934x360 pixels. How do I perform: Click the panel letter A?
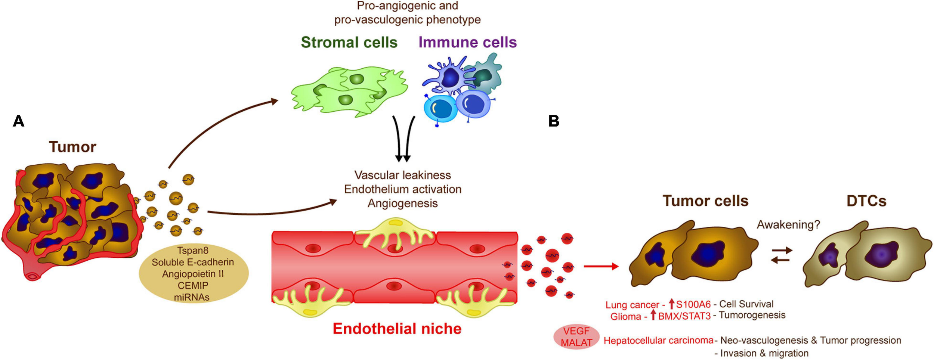click(18, 121)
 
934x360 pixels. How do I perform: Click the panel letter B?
click(554, 121)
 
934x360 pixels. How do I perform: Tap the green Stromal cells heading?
click(349, 42)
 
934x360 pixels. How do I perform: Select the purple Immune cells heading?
click(467, 42)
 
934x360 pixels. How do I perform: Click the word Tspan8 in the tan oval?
click(193, 250)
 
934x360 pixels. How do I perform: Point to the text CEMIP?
click(193, 286)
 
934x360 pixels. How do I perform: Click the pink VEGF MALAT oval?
click(576, 337)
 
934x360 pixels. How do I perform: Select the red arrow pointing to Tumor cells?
click(601, 266)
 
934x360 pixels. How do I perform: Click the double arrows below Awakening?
click(782, 255)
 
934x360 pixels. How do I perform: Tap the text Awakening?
click(788, 224)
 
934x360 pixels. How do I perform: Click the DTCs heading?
click(866, 201)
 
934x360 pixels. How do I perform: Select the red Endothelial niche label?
click(397, 329)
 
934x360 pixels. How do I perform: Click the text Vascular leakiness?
click(402, 175)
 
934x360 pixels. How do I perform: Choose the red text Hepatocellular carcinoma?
click(658, 341)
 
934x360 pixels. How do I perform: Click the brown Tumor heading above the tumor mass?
click(72, 147)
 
